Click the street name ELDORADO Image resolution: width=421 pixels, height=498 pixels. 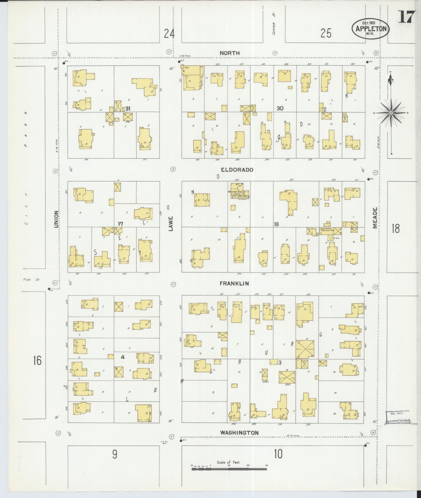(x=237, y=170)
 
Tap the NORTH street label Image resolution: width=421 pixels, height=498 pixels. (x=230, y=53)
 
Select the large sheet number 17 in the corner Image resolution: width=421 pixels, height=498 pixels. (x=407, y=17)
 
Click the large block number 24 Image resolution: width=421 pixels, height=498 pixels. (x=169, y=34)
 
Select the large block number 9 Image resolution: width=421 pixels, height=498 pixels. (x=115, y=454)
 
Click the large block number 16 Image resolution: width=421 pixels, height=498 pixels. (x=37, y=360)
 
